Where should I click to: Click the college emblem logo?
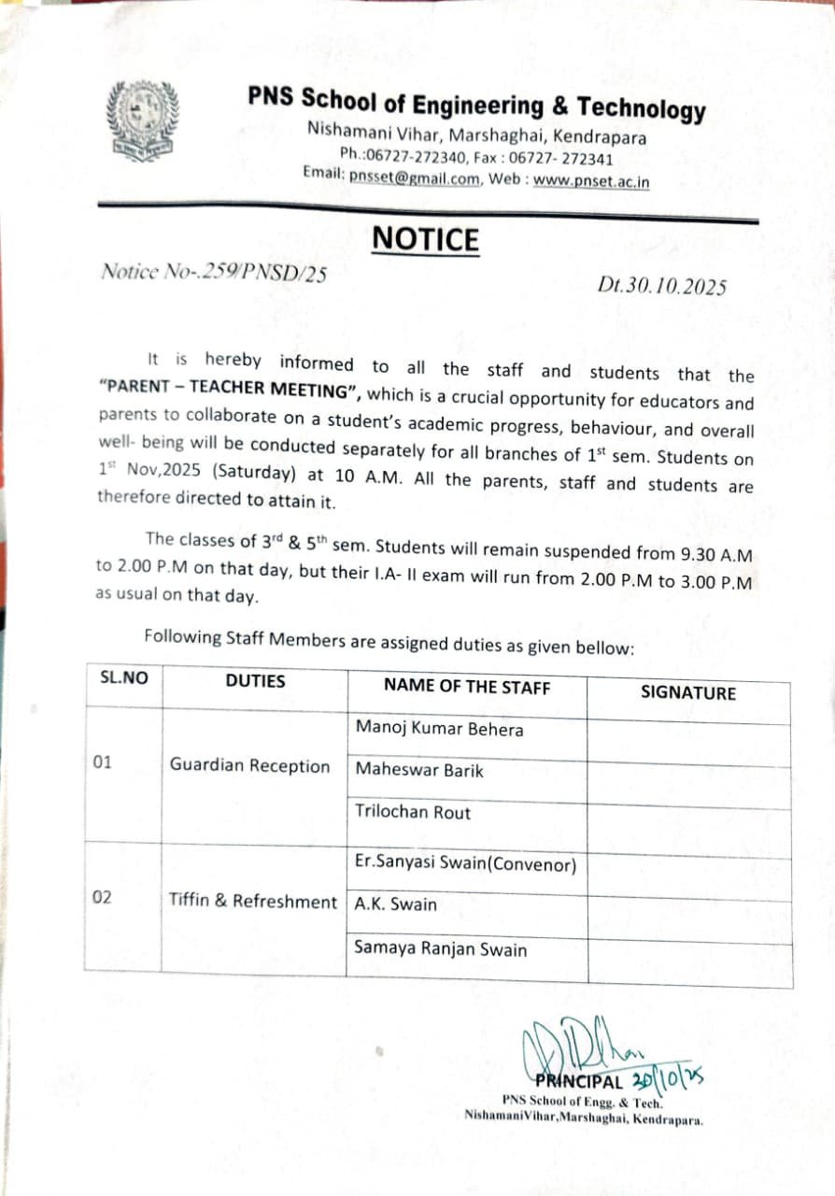[143, 121]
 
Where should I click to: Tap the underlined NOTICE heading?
[425, 239]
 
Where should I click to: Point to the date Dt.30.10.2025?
[661, 286]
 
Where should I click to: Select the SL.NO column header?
[123, 679]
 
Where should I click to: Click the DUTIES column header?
[255, 681]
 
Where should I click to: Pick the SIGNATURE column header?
[687, 692]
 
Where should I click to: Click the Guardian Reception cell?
[249, 766]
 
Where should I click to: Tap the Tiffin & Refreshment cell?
[252, 902]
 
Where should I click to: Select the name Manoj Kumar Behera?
[439, 729]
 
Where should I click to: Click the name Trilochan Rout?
[413, 812]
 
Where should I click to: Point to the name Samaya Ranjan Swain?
[440, 949]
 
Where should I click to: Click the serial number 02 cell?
[103, 897]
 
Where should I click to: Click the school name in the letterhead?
[476, 105]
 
